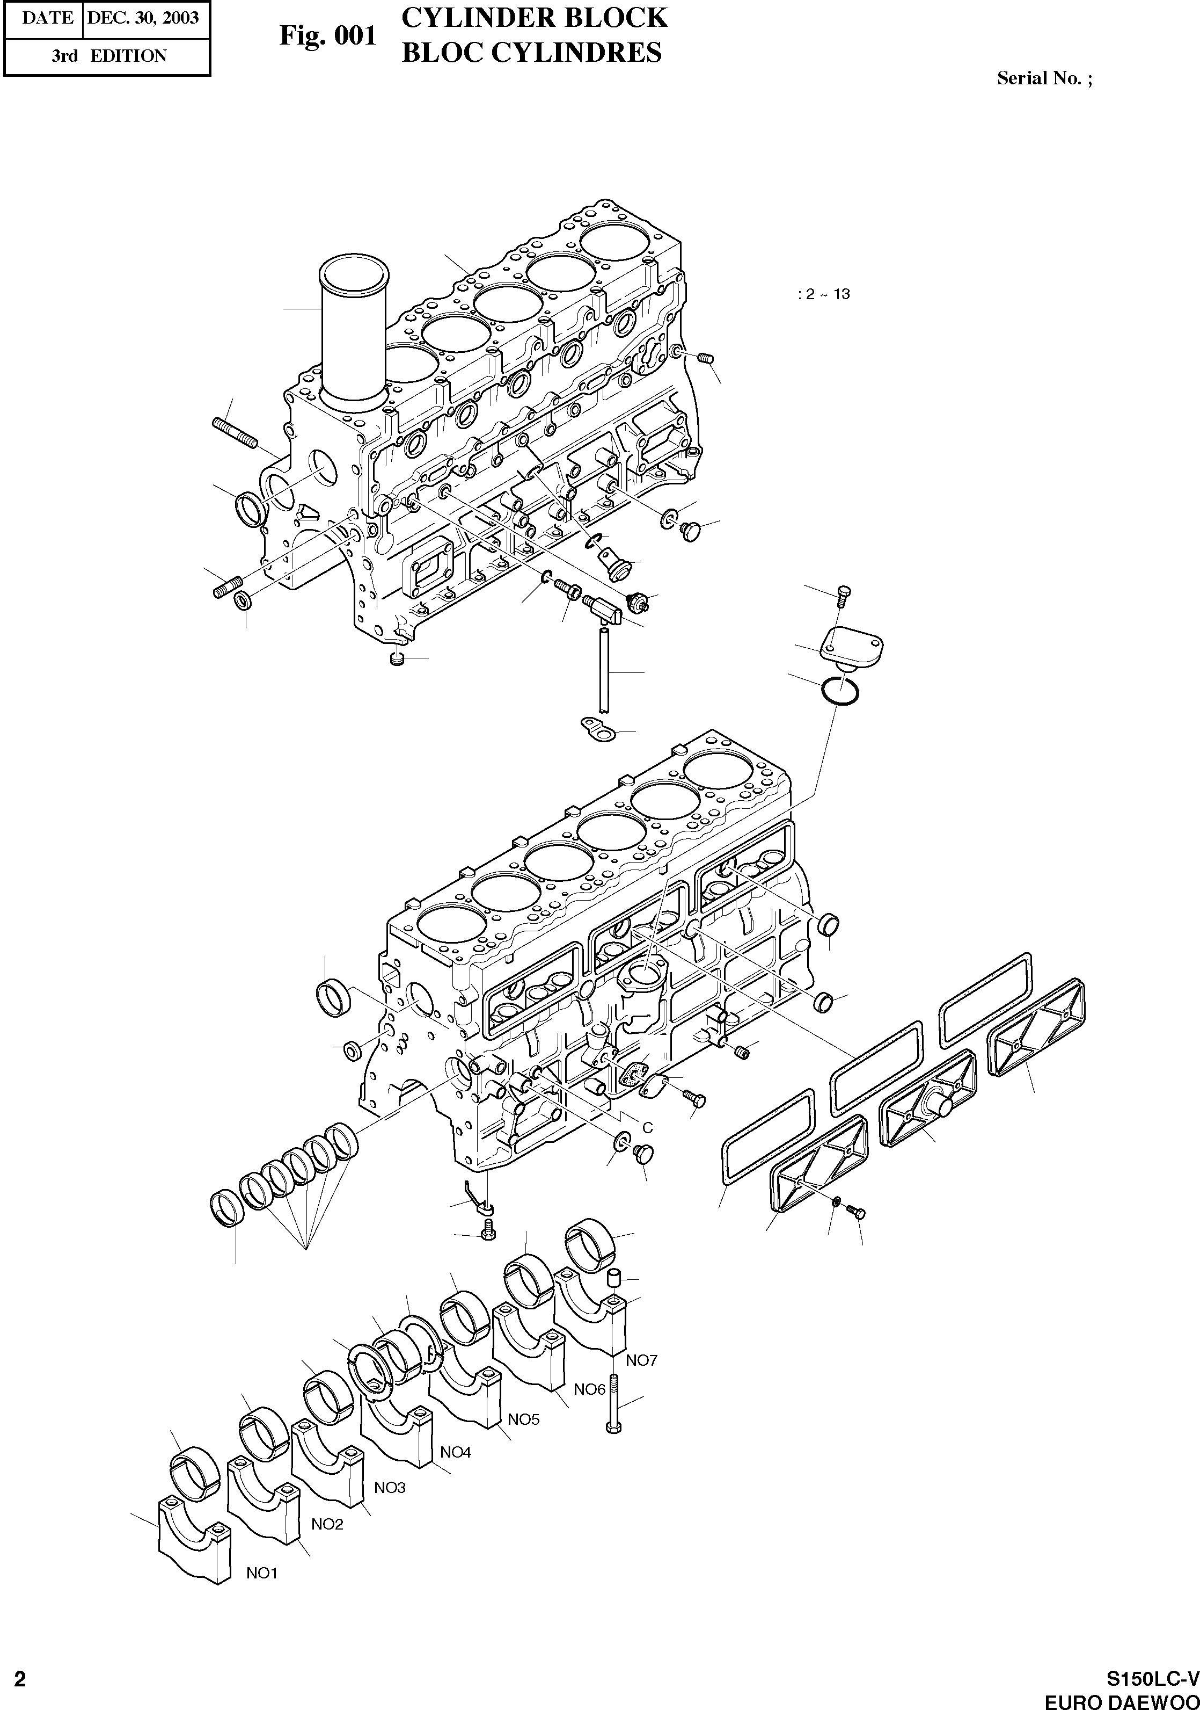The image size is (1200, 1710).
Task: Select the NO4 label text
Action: [x=455, y=1452]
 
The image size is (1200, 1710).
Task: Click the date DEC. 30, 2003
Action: [x=143, y=17]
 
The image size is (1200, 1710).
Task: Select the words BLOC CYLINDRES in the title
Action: [x=531, y=52]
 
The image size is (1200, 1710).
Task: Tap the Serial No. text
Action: [x=1044, y=78]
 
